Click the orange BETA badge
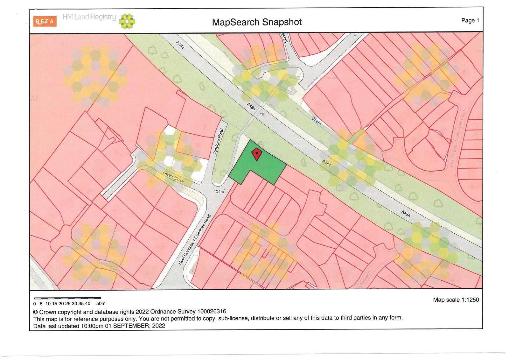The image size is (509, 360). (x=45, y=21)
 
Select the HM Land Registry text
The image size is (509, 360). (x=89, y=17)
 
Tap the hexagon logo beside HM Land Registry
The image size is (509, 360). (x=127, y=21)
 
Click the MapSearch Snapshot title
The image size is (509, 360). (x=257, y=22)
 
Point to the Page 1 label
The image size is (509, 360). (x=470, y=20)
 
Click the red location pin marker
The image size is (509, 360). (x=256, y=154)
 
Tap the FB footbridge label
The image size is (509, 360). (x=262, y=115)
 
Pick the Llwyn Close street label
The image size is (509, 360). (x=173, y=177)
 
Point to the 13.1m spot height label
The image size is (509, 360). (x=219, y=192)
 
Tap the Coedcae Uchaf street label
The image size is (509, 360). (x=110, y=268)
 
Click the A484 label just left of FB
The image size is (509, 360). (x=251, y=107)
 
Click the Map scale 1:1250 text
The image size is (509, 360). (x=456, y=300)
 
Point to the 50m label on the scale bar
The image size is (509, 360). (x=101, y=304)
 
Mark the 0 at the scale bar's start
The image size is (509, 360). (x=35, y=304)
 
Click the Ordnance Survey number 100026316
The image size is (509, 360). (x=212, y=312)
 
